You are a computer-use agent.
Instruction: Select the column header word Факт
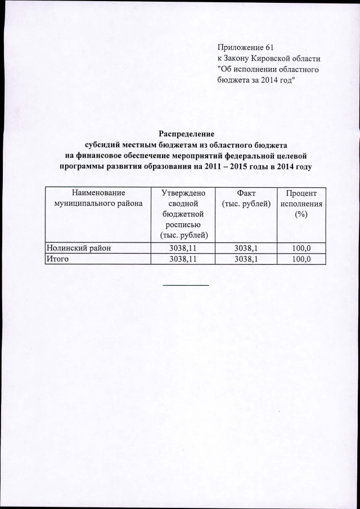246,192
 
